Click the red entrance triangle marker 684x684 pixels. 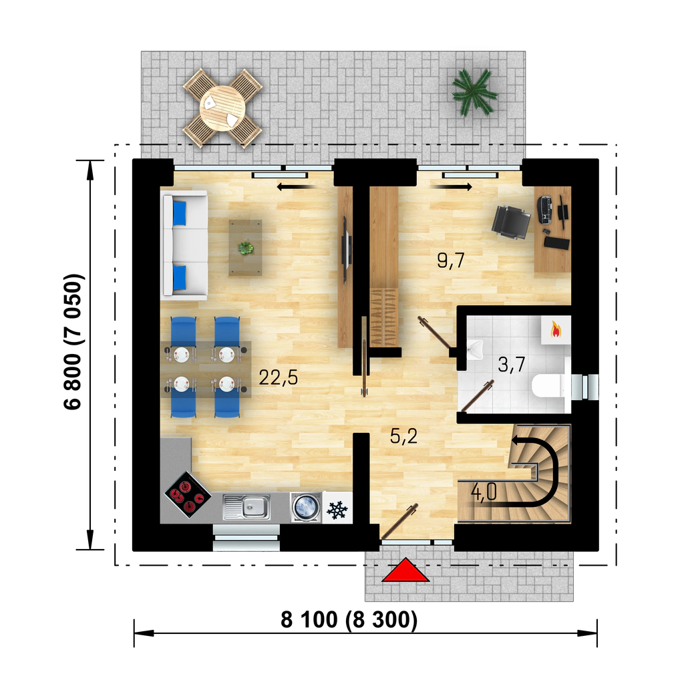click(405, 570)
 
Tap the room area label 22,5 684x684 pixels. click(279, 377)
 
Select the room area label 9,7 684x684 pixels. click(451, 261)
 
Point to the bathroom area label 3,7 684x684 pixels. click(511, 364)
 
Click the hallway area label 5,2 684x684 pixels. click(404, 436)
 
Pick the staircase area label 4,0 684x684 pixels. click(484, 492)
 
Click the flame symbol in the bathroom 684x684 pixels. click(556, 330)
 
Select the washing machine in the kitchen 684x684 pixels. click(306, 508)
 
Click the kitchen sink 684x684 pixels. click(246, 507)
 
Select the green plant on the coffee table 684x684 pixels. click(246, 248)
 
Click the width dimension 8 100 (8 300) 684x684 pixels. click(349, 619)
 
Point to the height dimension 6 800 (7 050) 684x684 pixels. click(73, 341)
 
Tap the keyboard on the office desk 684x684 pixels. click(545, 210)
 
